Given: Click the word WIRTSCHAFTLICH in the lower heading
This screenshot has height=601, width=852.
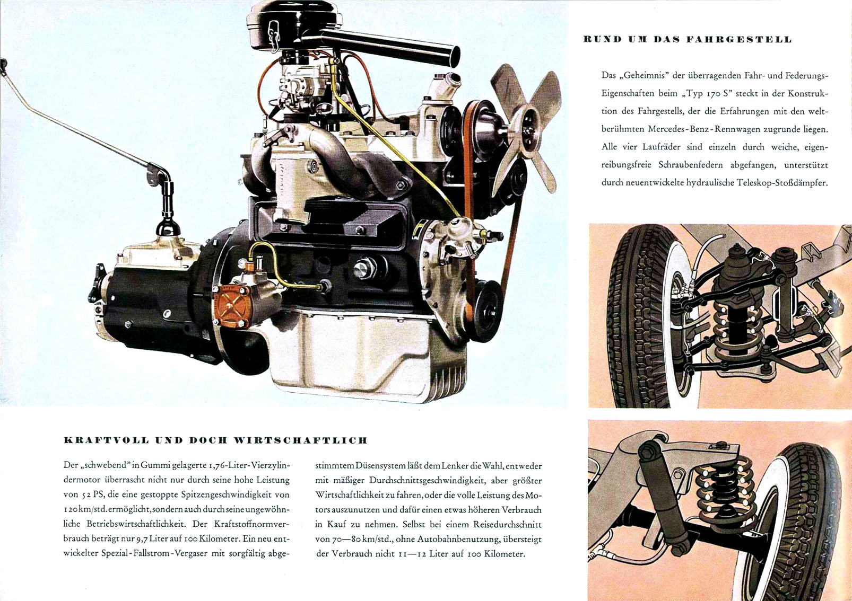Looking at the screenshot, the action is [300, 441].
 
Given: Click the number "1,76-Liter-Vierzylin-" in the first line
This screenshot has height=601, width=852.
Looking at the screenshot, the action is [249, 466].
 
